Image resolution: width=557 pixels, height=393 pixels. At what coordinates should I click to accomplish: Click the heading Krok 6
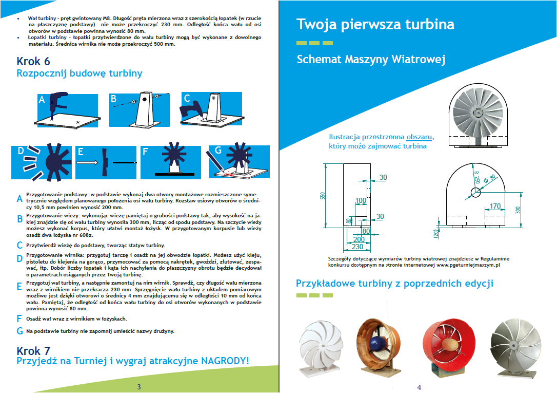(x=33, y=61)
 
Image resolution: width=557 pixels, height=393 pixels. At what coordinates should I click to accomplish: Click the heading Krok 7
(x=33, y=351)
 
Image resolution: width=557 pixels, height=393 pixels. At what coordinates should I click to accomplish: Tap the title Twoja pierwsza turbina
(x=375, y=25)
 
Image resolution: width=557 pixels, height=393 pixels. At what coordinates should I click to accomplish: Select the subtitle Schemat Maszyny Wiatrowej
(x=371, y=60)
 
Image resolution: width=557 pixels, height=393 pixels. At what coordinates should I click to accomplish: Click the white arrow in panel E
(x=88, y=162)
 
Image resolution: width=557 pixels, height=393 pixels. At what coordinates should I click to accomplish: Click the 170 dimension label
(x=495, y=207)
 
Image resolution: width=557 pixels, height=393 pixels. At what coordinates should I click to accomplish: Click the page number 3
(x=138, y=387)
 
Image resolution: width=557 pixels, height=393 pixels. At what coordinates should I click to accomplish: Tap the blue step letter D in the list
(x=19, y=258)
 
